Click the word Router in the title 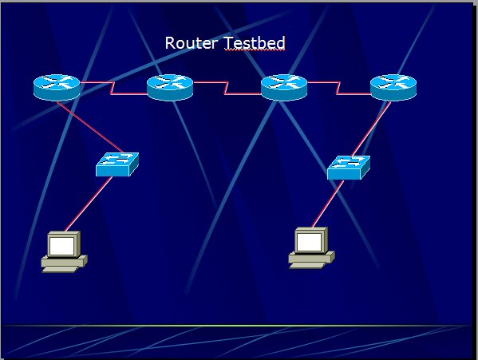point(192,43)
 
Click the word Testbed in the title point(255,43)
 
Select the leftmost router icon point(57,88)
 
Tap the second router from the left point(170,88)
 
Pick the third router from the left point(284,88)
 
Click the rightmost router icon point(393,88)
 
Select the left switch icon point(117,164)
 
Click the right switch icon point(349,168)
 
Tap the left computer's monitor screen point(62,246)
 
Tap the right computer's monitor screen point(310,242)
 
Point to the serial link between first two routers point(113,88)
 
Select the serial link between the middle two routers point(226,88)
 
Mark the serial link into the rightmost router point(338,88)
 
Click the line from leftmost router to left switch point(90,128)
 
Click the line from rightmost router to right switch point(371,129)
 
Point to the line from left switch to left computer point(89,204)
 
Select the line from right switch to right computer point(328,204)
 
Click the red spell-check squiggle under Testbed point(255,50)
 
